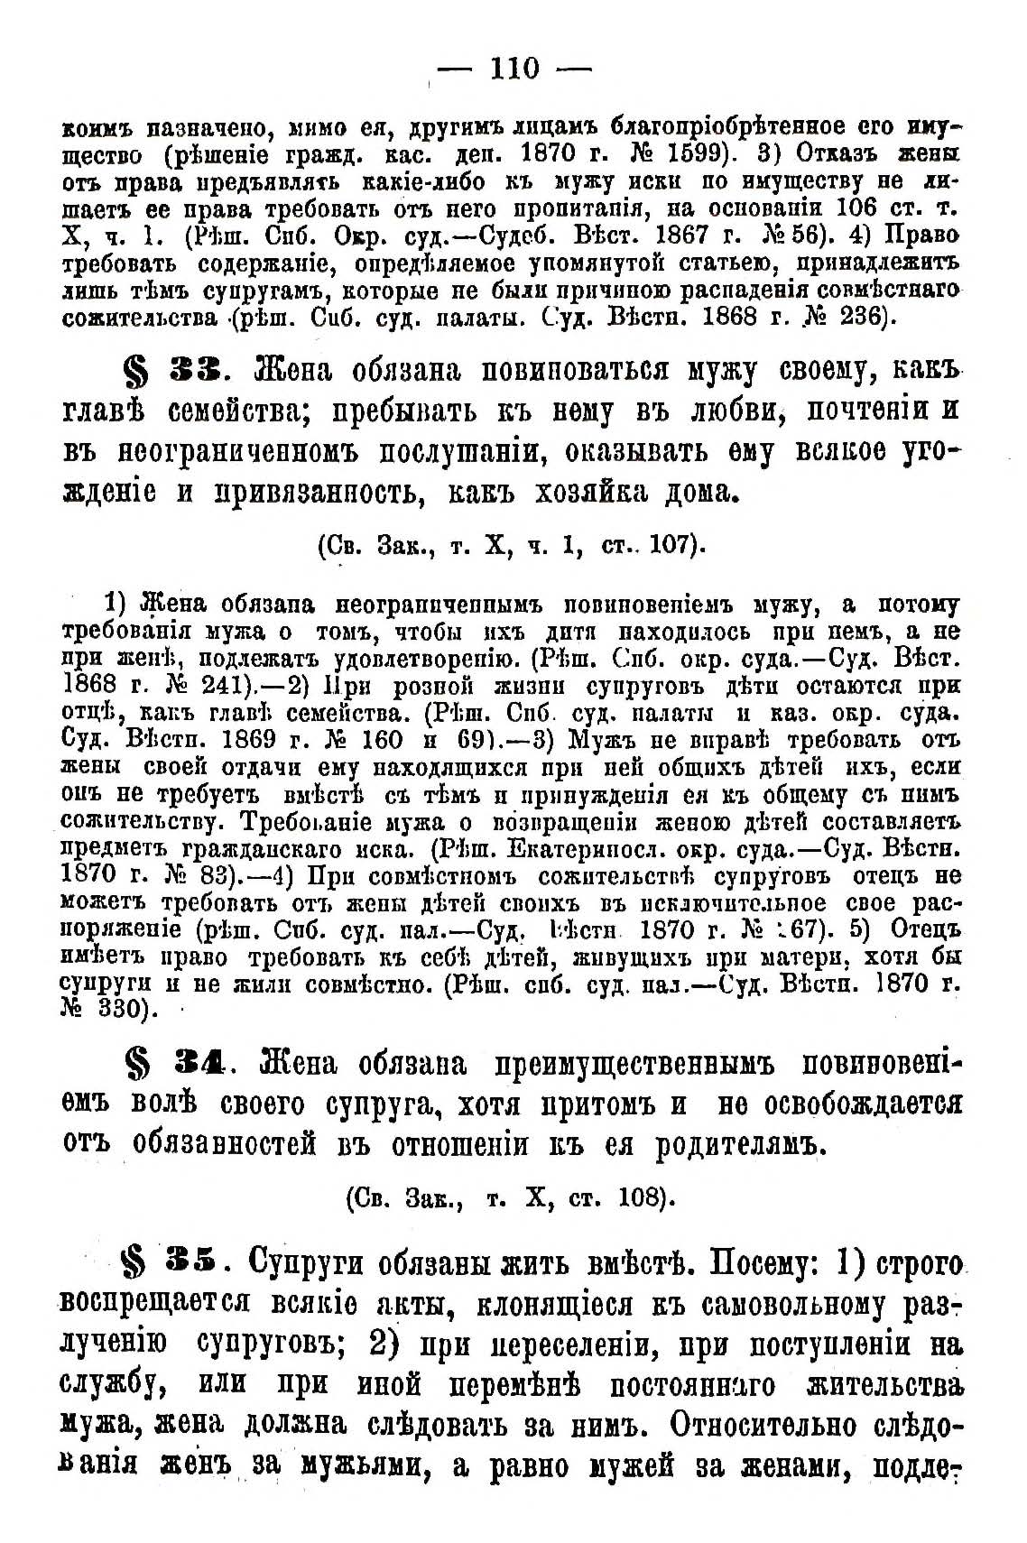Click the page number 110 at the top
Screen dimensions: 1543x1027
click(x=513, y=68)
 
